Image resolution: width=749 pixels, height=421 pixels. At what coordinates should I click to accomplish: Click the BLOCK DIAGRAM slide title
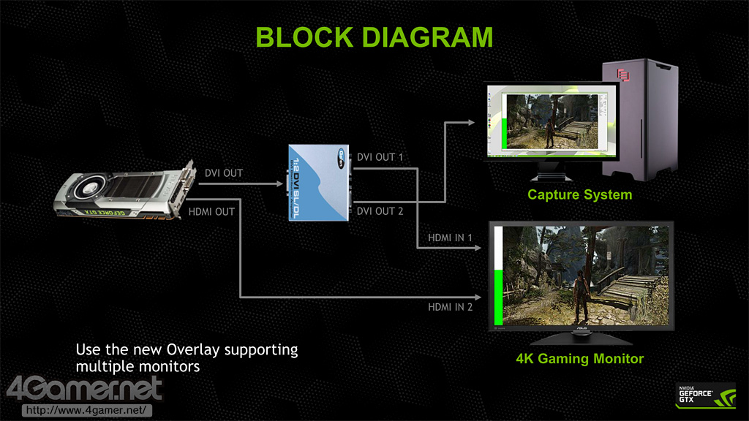pos(374,36)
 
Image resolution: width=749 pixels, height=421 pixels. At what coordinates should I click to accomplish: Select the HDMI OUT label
pos(211,212)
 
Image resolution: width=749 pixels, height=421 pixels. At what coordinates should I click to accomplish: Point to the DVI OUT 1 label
pos(380,157)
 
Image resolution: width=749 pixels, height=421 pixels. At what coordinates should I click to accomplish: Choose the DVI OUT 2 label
pos(380,211)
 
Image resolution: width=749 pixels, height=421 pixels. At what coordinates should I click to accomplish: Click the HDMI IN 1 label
pos(451,238)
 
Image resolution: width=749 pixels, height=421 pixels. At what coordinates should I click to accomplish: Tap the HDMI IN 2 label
pos(451,307)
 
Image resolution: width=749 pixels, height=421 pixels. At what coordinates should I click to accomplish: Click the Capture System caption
pos(579,195)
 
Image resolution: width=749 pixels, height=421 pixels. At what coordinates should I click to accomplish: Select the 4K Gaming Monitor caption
pos(579,358)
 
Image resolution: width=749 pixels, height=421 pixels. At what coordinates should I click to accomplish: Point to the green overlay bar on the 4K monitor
pos(498,297)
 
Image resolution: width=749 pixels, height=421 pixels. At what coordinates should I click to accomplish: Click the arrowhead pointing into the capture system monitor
pos(480,122)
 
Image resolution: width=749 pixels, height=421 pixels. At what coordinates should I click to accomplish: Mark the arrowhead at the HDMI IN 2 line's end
pos(480,297)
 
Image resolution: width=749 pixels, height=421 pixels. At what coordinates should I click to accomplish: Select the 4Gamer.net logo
pos(84,388)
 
